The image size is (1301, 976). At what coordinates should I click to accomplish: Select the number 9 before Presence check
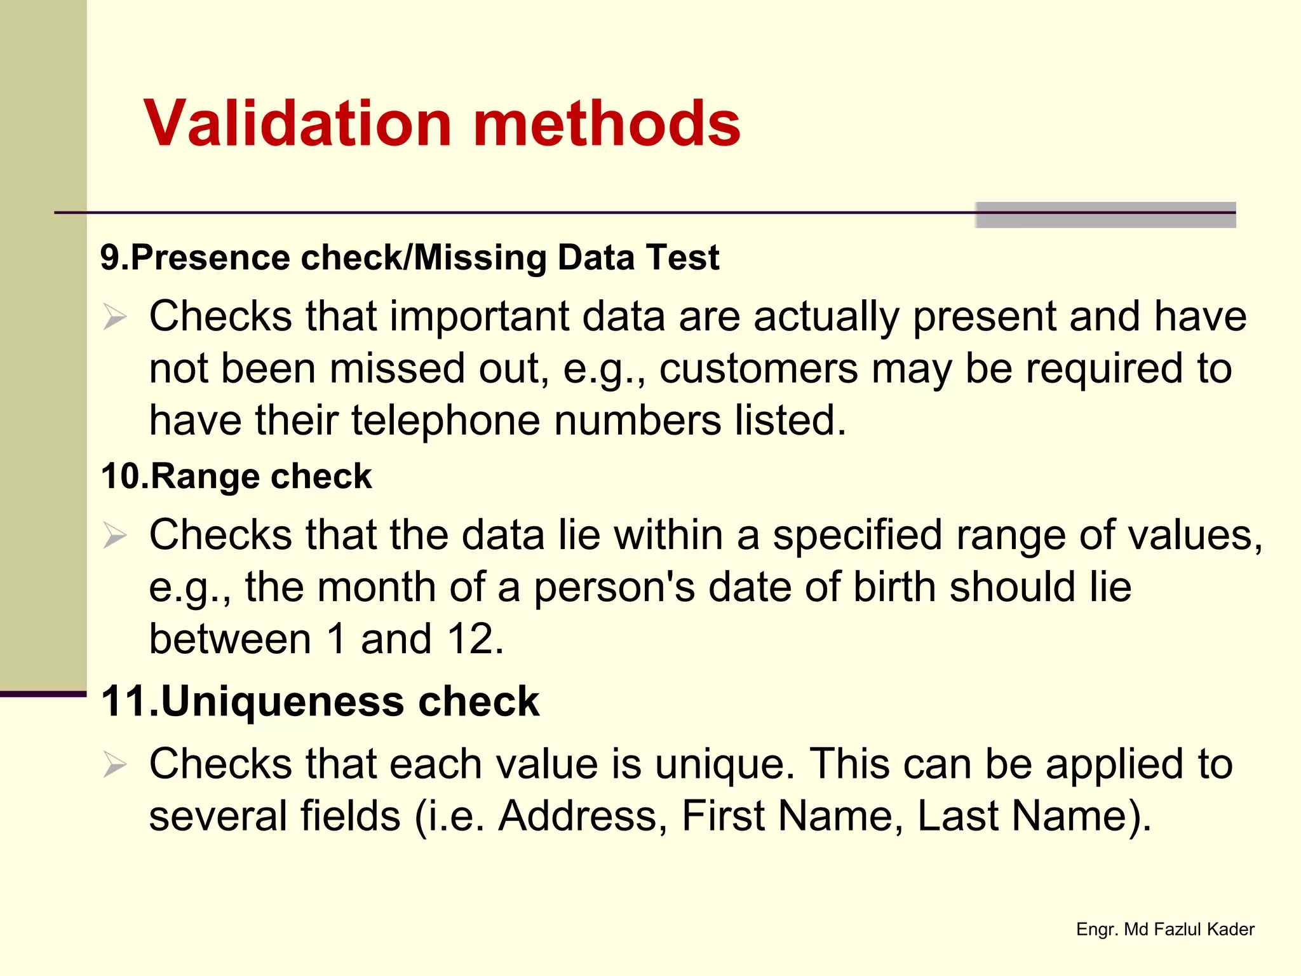click(x=109, y=258)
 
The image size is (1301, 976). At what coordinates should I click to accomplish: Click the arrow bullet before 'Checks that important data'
click(x=115, y=317)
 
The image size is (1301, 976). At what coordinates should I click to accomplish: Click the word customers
click(x=758, y=369)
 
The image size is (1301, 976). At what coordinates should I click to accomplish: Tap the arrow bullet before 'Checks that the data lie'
click(x=115, y=536)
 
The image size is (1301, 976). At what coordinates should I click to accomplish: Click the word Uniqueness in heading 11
click(x=282, y=701)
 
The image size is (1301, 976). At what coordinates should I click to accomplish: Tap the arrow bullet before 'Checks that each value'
click(x=115, y=764)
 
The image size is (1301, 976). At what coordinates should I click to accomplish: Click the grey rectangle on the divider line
click(x=1105, y=215)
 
